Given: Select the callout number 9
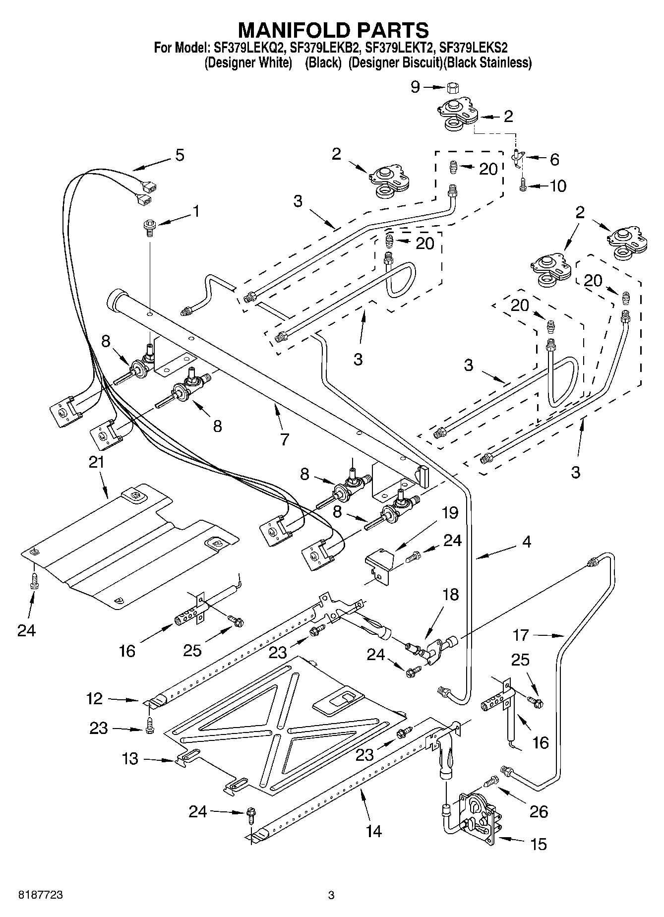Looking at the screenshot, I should pos(415,87).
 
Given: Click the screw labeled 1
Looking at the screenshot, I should pos(149,226).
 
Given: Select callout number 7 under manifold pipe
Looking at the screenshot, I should pos(284,439).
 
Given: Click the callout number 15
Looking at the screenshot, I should pos(539,844).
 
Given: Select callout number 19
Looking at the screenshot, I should pos(450,513).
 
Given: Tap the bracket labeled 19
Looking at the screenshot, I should pos(380,564).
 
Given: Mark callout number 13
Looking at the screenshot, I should pos(130,759).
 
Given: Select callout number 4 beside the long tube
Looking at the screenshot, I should pos(526,542).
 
